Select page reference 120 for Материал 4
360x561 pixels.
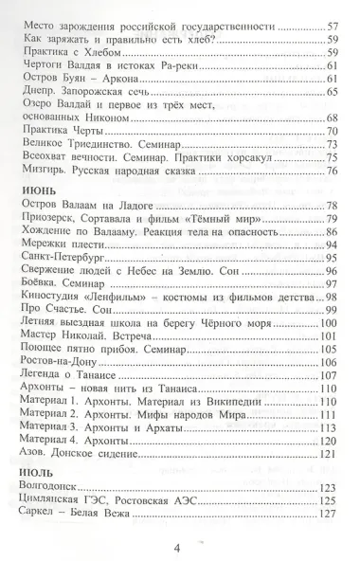point(329,441)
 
